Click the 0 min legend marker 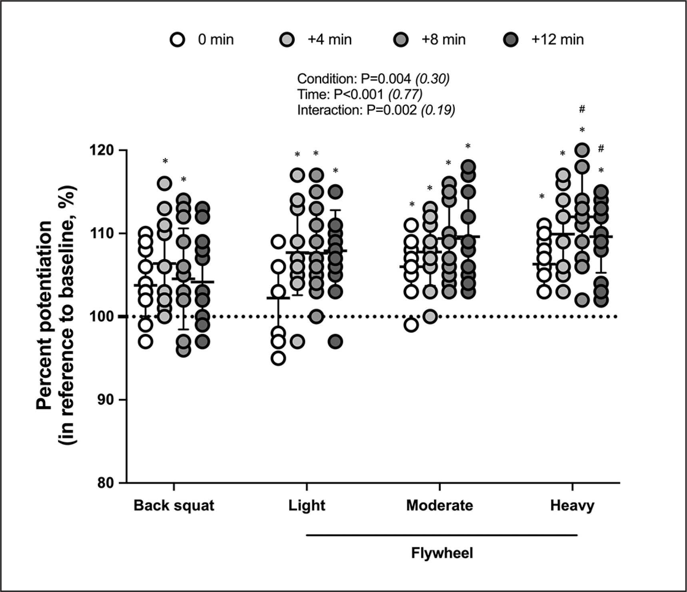177,40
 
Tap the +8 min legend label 443,40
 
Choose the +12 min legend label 557,40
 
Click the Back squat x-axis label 174,506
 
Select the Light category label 307,506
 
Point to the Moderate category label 439,506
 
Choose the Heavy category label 572,506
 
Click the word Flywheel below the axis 442,554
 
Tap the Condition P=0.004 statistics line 373,79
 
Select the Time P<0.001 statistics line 360,94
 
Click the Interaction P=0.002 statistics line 376,110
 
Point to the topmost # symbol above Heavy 582,109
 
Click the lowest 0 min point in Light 278,359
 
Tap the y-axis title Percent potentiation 45,316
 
